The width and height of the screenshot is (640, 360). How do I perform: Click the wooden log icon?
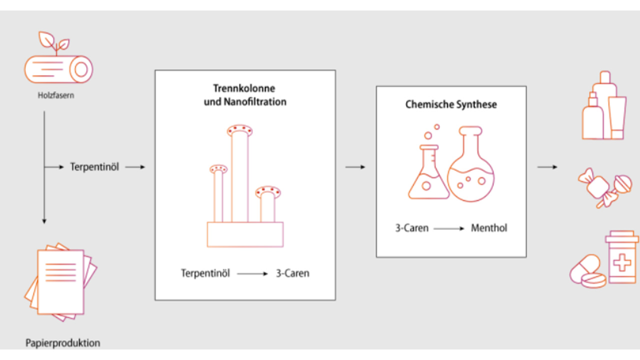58,69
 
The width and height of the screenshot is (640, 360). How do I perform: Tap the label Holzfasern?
56,95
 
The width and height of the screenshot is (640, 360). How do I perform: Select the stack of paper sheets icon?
60,280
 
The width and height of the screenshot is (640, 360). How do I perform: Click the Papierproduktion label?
63,343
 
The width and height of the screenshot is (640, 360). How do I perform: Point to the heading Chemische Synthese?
451,105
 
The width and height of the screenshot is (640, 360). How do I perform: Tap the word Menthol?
489,228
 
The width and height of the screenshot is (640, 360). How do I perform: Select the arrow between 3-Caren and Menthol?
449,228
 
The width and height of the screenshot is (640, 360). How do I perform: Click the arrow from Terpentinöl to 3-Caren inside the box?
253,274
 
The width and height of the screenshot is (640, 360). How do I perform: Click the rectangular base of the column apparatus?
245,234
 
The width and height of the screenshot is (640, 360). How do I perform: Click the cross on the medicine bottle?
621,262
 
